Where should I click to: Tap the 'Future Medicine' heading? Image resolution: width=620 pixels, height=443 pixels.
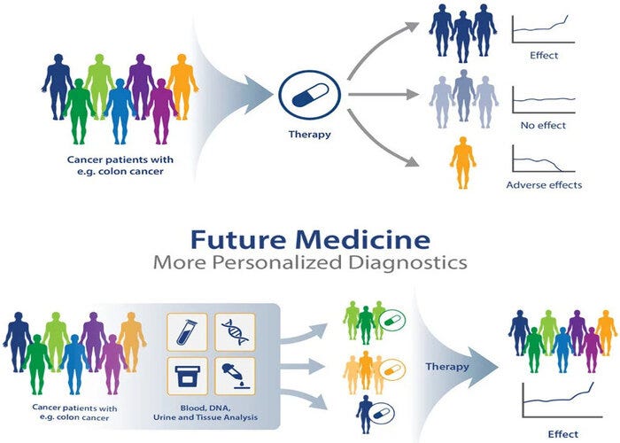[x=309, y=239]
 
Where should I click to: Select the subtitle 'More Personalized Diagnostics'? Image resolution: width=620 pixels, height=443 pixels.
[x=309, y=263]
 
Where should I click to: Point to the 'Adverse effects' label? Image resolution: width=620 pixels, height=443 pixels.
[x=544, y=184]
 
